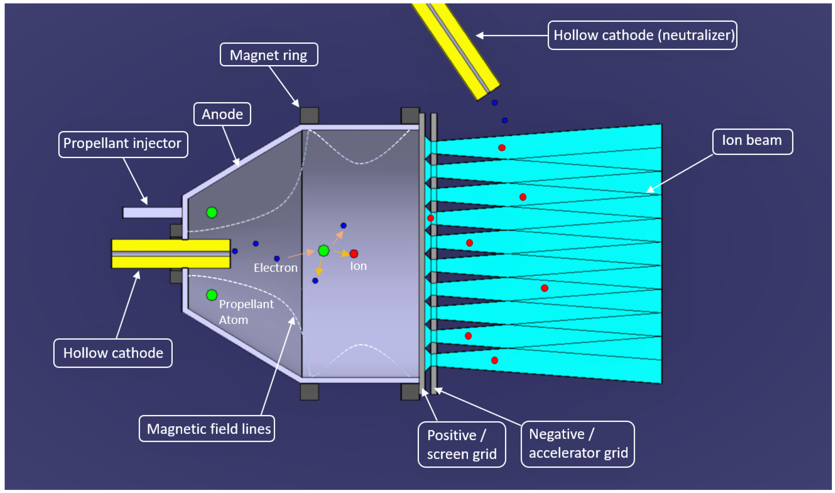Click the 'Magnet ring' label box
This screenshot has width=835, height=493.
269,55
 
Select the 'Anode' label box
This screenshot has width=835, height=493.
222,114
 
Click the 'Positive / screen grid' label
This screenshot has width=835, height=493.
461,444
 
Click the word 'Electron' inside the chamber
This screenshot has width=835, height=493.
276,268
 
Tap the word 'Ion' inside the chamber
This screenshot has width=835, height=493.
358,266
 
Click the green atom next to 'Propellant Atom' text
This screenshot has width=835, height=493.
212,295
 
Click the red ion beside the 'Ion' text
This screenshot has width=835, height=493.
354,254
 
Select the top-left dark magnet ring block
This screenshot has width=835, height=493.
309,116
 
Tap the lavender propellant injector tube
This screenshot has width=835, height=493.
152,213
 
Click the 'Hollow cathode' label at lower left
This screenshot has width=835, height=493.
113,353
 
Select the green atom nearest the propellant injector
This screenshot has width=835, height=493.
212,212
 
